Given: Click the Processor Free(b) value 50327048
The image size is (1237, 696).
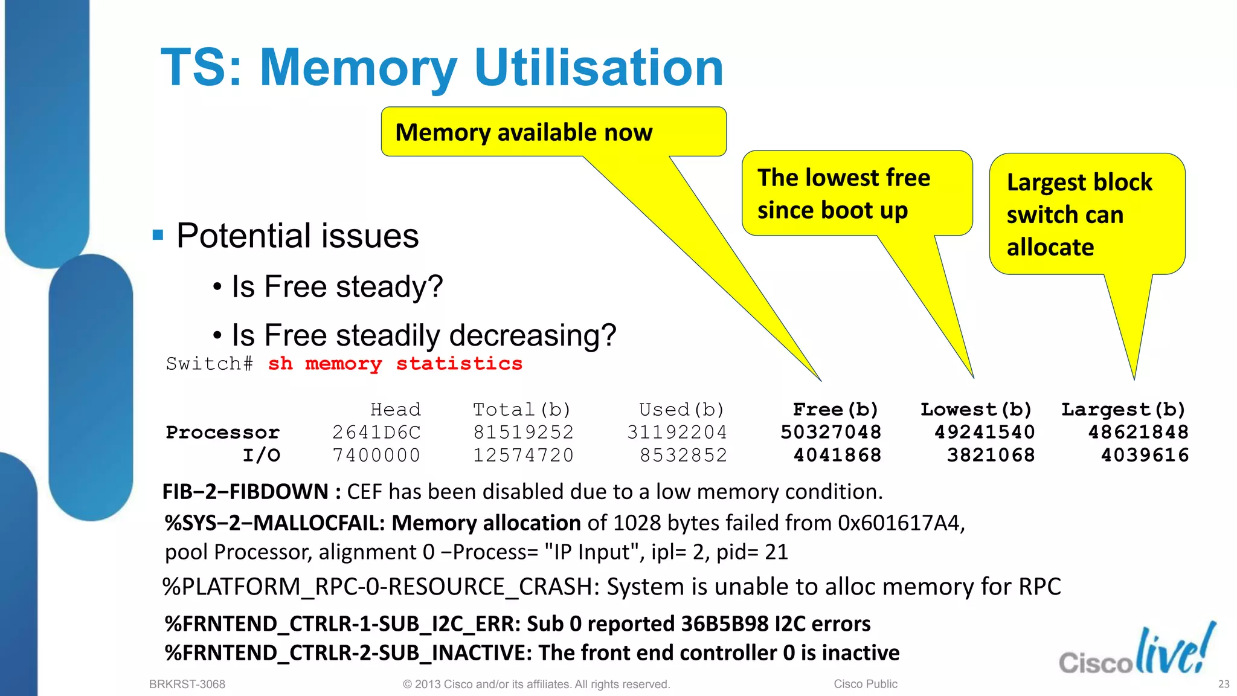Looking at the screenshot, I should point(831,432).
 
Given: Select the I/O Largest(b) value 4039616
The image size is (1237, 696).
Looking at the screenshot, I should point(1145,455).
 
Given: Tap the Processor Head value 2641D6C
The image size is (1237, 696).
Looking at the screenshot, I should point(376,432).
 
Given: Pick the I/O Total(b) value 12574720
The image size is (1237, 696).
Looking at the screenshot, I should point(523,455).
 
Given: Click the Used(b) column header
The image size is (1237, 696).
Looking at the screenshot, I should point(681,410).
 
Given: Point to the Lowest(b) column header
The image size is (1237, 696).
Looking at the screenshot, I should point(976,410).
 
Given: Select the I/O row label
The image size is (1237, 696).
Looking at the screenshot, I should point(262,455).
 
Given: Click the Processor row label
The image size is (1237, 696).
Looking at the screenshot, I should point(223,433).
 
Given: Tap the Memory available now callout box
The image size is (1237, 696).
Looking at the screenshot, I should point(553,132).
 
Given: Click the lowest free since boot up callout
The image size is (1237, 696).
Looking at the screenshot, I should point(856,193).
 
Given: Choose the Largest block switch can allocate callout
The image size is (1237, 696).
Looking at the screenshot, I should point(1087,214).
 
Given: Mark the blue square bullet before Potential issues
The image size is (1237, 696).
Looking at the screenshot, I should point(158,235).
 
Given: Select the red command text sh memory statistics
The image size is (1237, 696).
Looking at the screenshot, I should point(395,364).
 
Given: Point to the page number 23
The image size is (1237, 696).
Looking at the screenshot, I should point(1224,684).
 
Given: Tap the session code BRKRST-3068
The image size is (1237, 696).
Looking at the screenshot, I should point(187,684).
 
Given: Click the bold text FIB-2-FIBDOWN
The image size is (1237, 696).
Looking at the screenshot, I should point(245,492).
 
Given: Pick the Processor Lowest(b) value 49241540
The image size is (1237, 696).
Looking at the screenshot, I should point(985,432).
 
